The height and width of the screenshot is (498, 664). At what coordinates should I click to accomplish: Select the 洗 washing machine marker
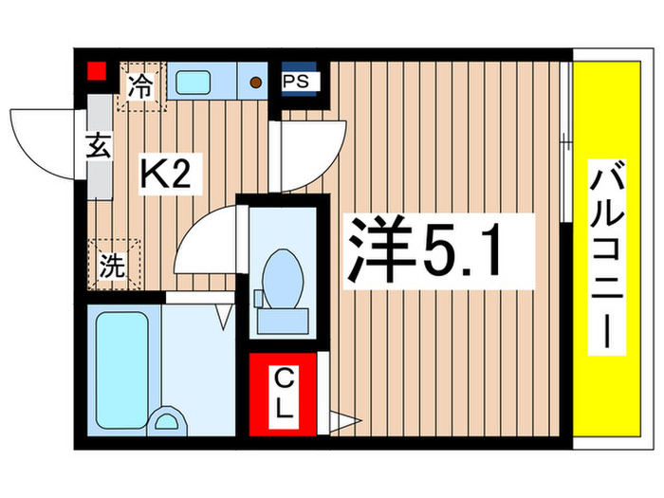click(114, 264)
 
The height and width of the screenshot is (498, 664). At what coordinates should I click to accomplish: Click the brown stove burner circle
click(256, 82)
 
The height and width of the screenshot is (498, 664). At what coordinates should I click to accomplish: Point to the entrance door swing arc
click(43, 142)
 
